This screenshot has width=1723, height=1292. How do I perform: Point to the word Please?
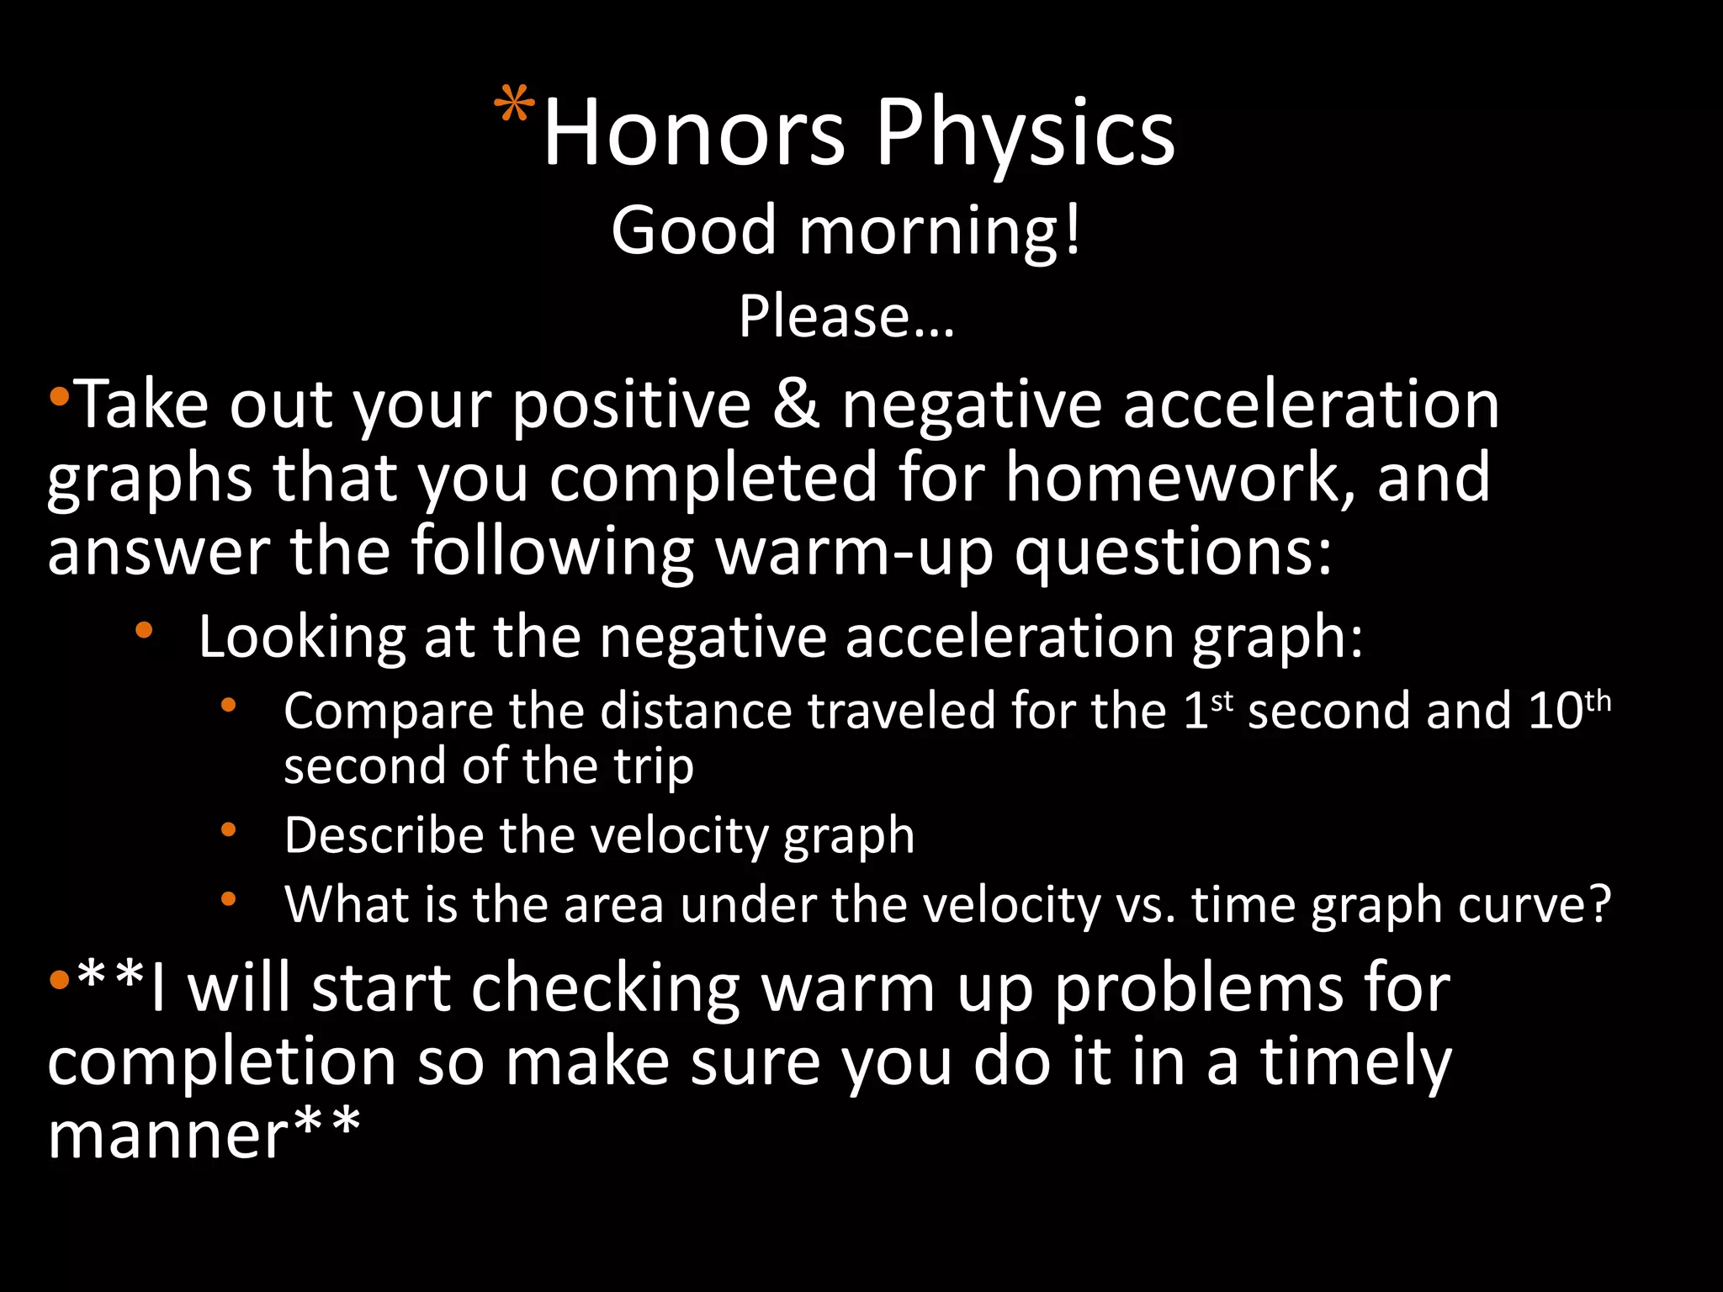846,317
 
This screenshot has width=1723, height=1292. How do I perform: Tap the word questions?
1174,552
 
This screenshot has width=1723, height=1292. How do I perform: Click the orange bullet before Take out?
59,395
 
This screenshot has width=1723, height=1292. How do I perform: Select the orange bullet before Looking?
144,629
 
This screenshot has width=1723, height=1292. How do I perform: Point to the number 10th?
1569,710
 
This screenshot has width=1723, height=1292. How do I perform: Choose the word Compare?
388,712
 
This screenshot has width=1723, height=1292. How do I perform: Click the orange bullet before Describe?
229,830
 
